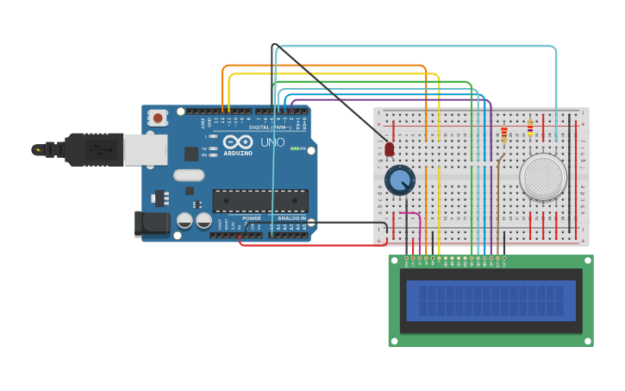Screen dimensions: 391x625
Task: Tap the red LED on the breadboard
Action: point(390,149)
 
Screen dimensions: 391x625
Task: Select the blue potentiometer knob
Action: point(399,180)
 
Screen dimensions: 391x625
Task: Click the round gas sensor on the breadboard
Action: point(543,176)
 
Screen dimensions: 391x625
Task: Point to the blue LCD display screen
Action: point(491,300)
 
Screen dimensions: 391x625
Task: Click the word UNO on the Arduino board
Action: point(272,142)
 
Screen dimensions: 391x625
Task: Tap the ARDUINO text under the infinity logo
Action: point(238,153)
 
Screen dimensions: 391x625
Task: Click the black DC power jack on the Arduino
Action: point(153,223)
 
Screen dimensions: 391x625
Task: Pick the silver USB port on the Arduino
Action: point(145,149)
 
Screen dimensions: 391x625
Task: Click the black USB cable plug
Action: point(95,148)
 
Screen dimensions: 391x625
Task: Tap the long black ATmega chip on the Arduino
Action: point(260,200)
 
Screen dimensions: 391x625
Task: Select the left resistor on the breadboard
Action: point(504,134)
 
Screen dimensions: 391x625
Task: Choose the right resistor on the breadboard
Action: point(529,129)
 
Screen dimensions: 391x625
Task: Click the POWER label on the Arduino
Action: point(251,218)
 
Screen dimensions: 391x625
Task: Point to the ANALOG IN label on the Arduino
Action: point(291,218)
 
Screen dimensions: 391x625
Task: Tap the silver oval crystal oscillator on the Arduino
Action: point(188,175)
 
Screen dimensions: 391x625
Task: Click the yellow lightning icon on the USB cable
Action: point(37,149)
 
